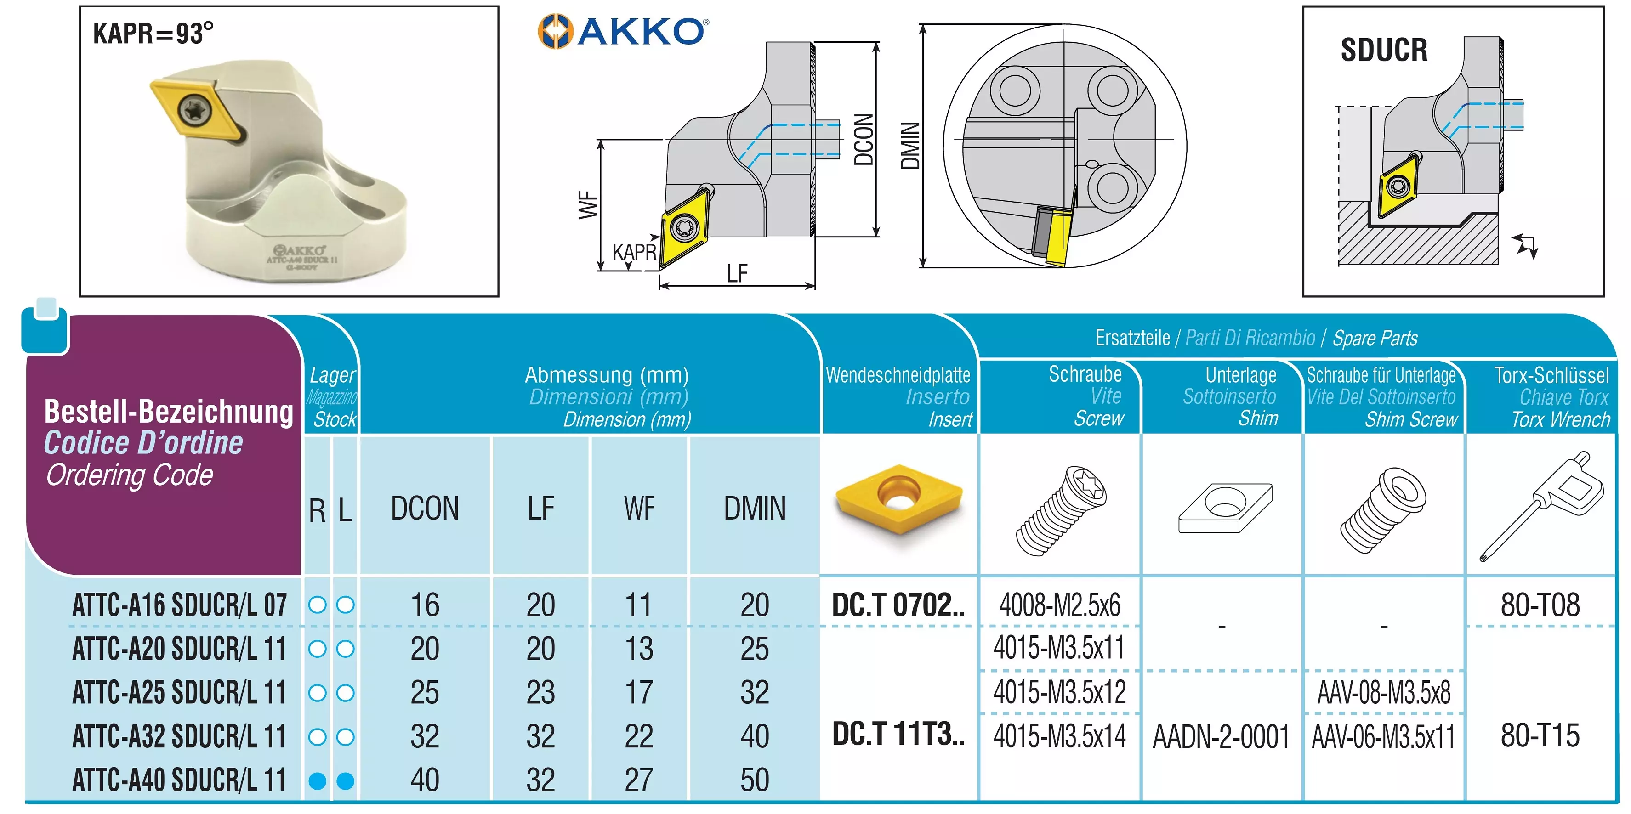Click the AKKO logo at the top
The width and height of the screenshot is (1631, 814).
[x=623, y=31]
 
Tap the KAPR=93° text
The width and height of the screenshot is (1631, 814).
[x=153, y=34]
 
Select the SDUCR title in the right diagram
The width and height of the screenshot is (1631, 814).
[x=1384, y=50]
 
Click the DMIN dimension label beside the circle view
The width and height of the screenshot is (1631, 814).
[x=910, y=146]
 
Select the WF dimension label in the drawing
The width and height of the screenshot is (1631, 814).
[x=588, y=204]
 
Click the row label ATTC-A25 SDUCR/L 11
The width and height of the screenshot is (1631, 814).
[x=179, y=692]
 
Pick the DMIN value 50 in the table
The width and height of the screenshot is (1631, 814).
[x=755, y=780]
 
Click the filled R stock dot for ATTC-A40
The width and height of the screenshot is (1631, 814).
[x=317, y=781]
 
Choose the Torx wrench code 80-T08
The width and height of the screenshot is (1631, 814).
[x=1540, y=605]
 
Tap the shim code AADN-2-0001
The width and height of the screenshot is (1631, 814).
[x=1221, y=737]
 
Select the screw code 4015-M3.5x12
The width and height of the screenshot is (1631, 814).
[x=1059, y=692]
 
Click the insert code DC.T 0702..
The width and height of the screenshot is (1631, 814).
[x=898, y=605]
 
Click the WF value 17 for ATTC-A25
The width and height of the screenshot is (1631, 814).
[x=638, y=692]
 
